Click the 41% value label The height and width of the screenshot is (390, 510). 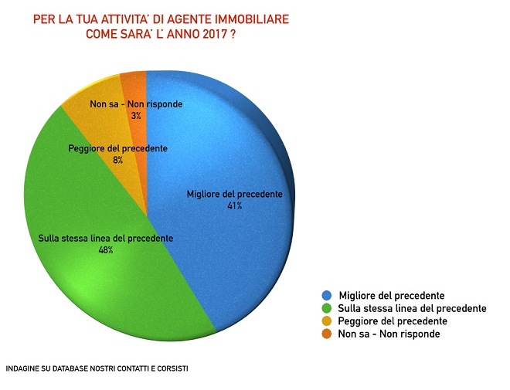click(x=234, y=206)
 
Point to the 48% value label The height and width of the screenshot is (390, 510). click(x=105, y=250)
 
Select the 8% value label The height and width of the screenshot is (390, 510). click(x=117, y=160)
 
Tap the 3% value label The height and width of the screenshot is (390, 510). click(x=136, y=115)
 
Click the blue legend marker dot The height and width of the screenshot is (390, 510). click(x=328, y=296)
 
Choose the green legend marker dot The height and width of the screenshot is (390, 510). click(x=328, y=308)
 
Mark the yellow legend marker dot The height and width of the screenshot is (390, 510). click(x=328, y=320)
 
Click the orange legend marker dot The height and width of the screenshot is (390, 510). click(x=328, y=334)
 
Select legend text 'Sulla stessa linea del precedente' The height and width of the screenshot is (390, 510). click(x=413, y=308)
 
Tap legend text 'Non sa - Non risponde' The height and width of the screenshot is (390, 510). click(x=389, y=334)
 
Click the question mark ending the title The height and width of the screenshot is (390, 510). click(x=233, y=35)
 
